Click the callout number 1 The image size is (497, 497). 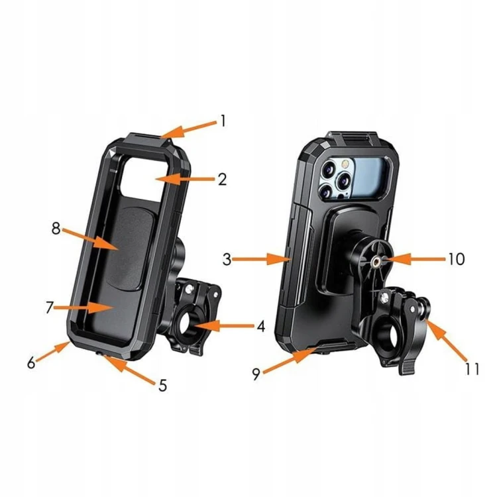click(x=223, y=121)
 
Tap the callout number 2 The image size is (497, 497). click(x=223, y=180)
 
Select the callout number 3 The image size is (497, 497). click(x=227, y=259)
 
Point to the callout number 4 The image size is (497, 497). click(x=261, y=326)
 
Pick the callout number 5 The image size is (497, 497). click(x=162, y=386)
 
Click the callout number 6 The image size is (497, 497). click(x=31, y=363)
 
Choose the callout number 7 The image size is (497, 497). click(x=49, y=307)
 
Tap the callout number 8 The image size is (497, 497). click(x=56, y=228)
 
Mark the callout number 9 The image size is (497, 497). click(x=256, y=374)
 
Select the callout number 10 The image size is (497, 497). click(x=457, y=259)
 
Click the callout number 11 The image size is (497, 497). click(x=472, y=369)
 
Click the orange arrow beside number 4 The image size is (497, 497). click(x=225, y=326)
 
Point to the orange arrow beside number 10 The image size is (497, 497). click(x=414, y=259)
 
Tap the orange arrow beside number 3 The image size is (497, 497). click(x=262, y=259)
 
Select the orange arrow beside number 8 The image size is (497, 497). click(x=90, y=240)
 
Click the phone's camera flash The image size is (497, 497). click(x=344, y=164)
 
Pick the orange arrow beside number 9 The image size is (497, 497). click(x=290, y=360)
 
